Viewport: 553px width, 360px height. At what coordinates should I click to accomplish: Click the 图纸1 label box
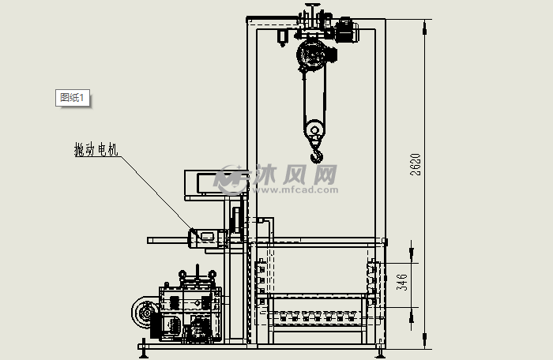(x=73, y=98)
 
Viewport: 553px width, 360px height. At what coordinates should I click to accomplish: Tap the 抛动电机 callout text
(x=96, y=149)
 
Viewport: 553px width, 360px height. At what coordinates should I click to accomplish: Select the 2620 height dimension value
(x=416, y=164)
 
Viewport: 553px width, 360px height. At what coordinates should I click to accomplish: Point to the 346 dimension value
(x=402, y=282)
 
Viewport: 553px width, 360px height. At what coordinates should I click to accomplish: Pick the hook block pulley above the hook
(x=314, y=129)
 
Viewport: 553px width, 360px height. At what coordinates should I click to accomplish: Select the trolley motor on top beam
(x=347, y=30)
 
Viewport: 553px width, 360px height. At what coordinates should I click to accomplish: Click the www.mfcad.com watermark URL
(x=295, y=190)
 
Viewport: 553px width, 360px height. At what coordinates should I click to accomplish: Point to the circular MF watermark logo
(x=231, y=180)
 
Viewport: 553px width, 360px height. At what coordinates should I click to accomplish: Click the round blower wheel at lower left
(x=145, y=313)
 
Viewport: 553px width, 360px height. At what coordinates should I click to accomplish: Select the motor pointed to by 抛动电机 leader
(x=207, y=238)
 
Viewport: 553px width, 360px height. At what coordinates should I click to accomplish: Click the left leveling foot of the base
(x=143, y=350)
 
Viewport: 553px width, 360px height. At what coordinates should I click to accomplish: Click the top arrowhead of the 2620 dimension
(x=425, y=27)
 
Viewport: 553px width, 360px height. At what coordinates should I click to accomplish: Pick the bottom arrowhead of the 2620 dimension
(x=425, y=341)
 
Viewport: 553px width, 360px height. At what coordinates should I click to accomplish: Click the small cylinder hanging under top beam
(x=283, y=37)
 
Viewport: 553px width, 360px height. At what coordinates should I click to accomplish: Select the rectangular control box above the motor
(x=216, y=183)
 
